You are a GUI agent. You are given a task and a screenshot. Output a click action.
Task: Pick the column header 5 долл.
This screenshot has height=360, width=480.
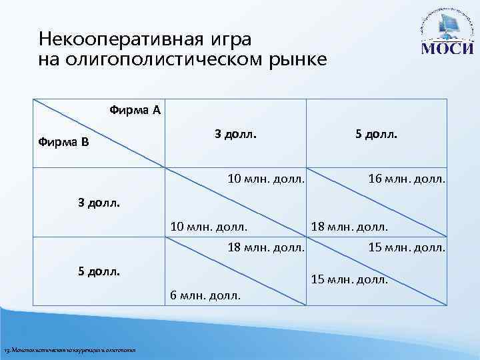click(377, 134)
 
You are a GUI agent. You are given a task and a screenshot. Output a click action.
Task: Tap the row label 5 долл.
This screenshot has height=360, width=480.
click(99, 272)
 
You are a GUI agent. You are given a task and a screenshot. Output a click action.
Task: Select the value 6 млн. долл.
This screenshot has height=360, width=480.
click(205, 295)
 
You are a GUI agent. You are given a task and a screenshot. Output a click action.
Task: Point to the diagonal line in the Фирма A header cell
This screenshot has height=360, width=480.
click(100, 133)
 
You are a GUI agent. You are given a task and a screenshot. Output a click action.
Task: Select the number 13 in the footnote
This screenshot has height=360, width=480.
click(7, 351)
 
